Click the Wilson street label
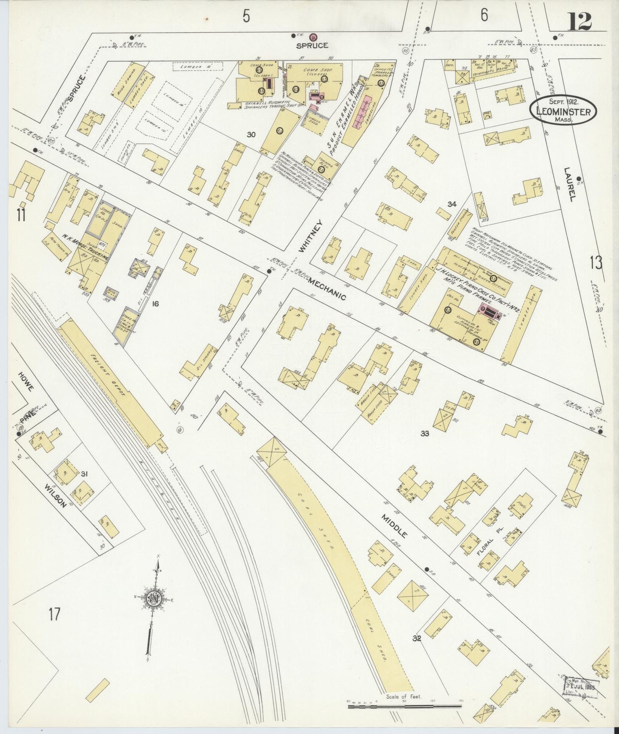click(x=56, y=496)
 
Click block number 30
click(x=251, y=134)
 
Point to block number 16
click(x=155, y=304)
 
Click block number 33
click(x=425, y=433)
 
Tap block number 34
click(x=452, y=204)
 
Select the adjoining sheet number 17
click(x=54, y=615)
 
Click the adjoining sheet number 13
click(x=595, y=262)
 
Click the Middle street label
click(x=395, y=526)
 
